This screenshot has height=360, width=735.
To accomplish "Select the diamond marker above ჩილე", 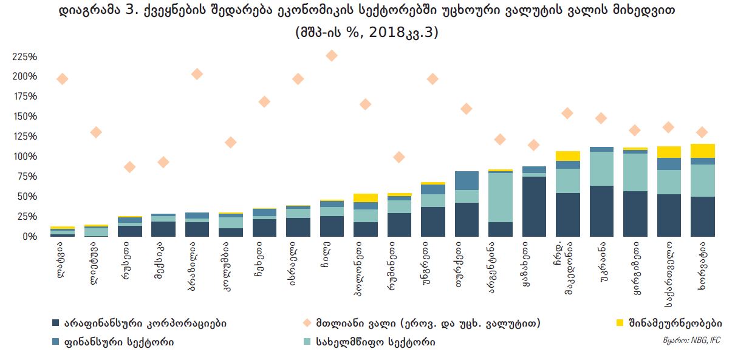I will pyautogui.click(x=332, y=56).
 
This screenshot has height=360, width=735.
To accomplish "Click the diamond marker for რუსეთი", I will pyautogui.click(x=129, y=167).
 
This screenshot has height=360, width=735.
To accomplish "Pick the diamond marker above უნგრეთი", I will pyautogui.click(x=432, y=79).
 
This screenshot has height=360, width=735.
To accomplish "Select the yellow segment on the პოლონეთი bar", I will pyautogui.click(x=365, y=198).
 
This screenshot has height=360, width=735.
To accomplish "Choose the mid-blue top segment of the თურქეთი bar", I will pyautogui.click(x=467, y=180).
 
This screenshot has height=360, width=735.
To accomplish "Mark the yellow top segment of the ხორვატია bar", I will pyautogui.click(x=702, y=151).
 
